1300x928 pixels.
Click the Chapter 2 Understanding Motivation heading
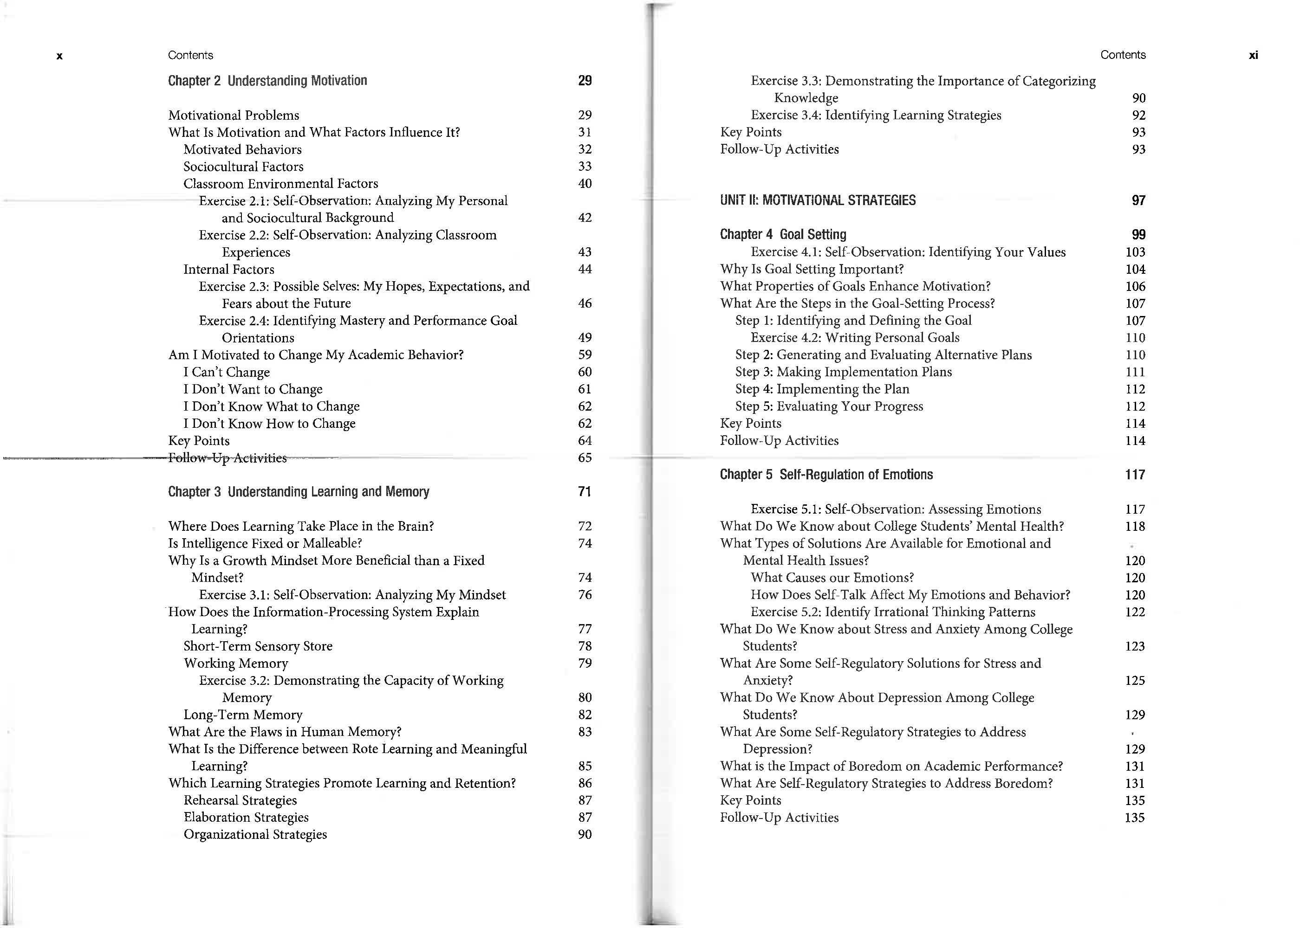[x=267, y=81]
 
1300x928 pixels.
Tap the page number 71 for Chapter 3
[x=584, y=491]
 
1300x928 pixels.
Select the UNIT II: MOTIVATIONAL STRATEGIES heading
[x=818, y=200]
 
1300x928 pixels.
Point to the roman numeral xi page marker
[x=1253, y=55]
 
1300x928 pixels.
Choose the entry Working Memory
[x=235, y=663]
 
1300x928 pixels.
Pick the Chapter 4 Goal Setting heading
[x=783, y=234]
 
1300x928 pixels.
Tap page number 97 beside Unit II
[x=1138, y=200]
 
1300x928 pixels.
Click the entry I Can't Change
[x=227, y=372]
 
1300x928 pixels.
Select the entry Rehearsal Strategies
[x=240, y=800]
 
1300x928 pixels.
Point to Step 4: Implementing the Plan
[x=822, y=389]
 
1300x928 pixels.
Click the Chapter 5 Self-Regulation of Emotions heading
[x=826, y=474]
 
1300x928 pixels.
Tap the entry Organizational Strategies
[x=255, y=834]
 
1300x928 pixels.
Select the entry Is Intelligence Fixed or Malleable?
[x=265, y=543]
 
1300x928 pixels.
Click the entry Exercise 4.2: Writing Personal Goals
[x=855, y=338]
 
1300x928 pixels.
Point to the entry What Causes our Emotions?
[x=832, y=577]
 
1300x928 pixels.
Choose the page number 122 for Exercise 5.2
[x=1135, y=612]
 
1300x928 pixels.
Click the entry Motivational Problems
[x=233, y=115]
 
